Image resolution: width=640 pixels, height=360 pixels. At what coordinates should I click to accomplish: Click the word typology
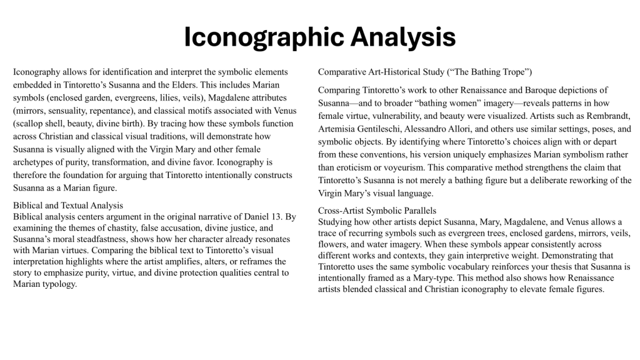[58, 284]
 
